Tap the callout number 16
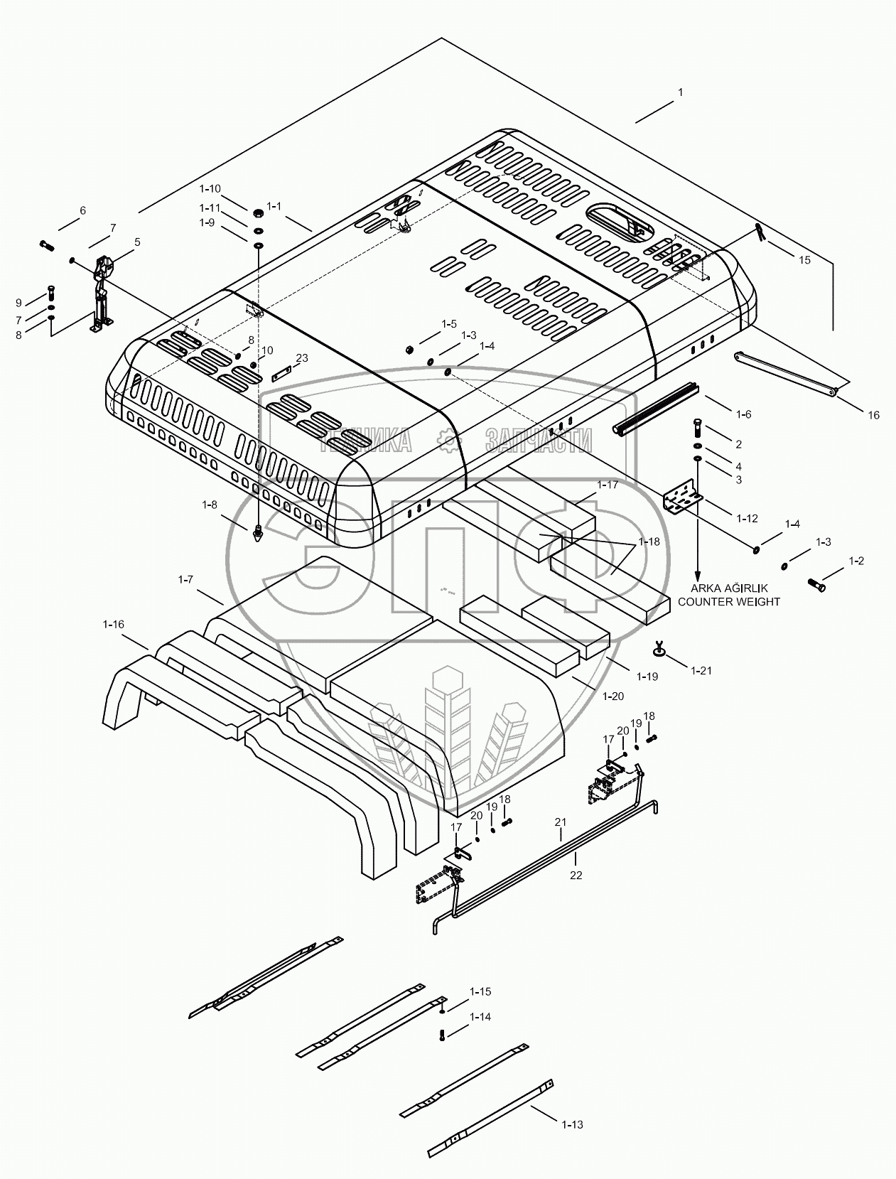click(x=873, y=415)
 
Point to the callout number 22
click(x=576, y=875)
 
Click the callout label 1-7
click(x=185, y=580)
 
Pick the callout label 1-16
click(x=113, y=624)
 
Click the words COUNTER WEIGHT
click(x=729, y=601)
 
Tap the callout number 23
click(x=302, y=358)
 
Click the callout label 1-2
click(x=856, y=561)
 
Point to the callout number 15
click(x=804, y=260)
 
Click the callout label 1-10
click(x=210, y=188)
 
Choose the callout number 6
click(x=82, y=210)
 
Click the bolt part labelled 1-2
click(x=817, y=585)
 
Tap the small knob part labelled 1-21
click(x=660, y=648)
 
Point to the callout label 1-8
click(x=209, y=505)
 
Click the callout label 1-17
click(x=608, y=485)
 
